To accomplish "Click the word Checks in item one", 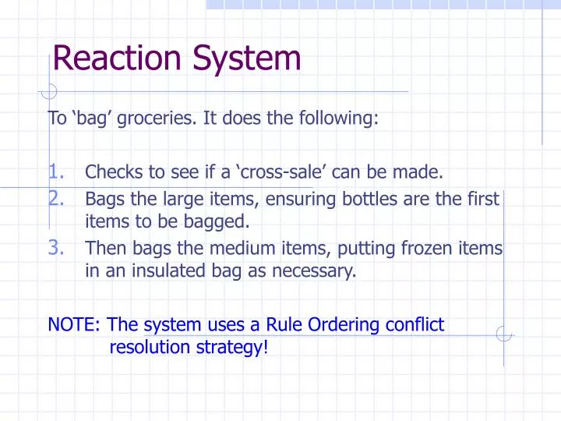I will coord(109,172).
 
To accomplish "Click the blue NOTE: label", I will coord(75,324).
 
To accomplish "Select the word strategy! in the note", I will coord(235,347).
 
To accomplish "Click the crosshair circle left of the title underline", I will coord(50,91).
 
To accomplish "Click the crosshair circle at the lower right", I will coord(504,336).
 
